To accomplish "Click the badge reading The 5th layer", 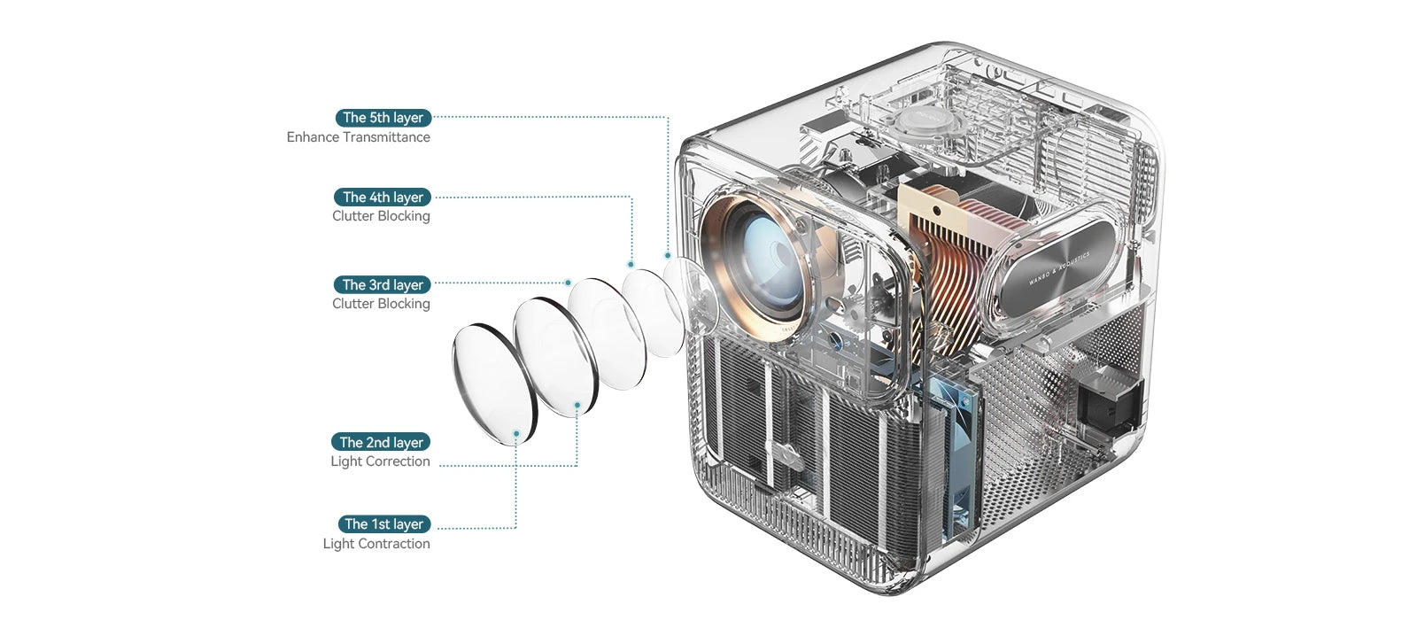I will pos(383,118).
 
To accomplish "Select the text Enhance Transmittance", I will pos(358,137).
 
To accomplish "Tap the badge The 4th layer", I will pos(383,198).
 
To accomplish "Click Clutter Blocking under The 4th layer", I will pos(381,216).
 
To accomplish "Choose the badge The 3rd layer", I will pos(383,285).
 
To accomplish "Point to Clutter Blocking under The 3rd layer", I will pos(381,304).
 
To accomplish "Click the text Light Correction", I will pos(380,461).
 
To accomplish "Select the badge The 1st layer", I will pos(383,524).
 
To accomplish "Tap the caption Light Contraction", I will pos(376,544).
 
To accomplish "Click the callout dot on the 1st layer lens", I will pos(516,432).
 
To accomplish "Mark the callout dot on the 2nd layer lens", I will pos(577,405).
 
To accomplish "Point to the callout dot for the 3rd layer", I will pos(569,283).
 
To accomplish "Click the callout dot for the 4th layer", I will pos(631,264).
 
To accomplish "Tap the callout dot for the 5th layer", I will pos(668,255).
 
